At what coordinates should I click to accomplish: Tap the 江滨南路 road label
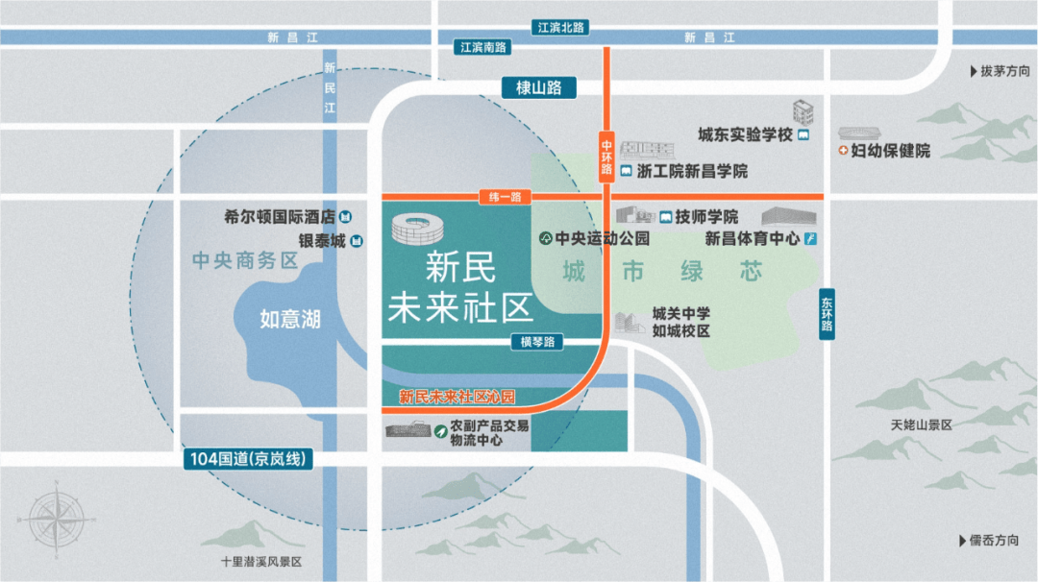(x=482, y=46)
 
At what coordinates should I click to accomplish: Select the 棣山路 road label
(x=538, y=87)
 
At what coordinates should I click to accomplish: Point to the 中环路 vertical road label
(x=606, y=154)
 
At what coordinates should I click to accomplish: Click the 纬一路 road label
(x=506, y=197)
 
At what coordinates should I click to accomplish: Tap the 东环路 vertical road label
(x=828, y=313)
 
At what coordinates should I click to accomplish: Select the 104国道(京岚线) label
(x=249, y=459)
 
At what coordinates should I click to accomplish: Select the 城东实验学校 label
(x=745, y=135)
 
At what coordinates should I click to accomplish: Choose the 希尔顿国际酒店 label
(x=280, y=217)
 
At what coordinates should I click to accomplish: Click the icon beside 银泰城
(x=357, y=240)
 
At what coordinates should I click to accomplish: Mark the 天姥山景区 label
(x=921, y=424)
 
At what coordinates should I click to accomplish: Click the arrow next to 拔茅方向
(x=971, y=72)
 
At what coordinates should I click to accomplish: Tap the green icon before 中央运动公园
(x=545, y=238)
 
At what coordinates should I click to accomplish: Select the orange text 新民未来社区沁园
(x=457, y=396)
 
